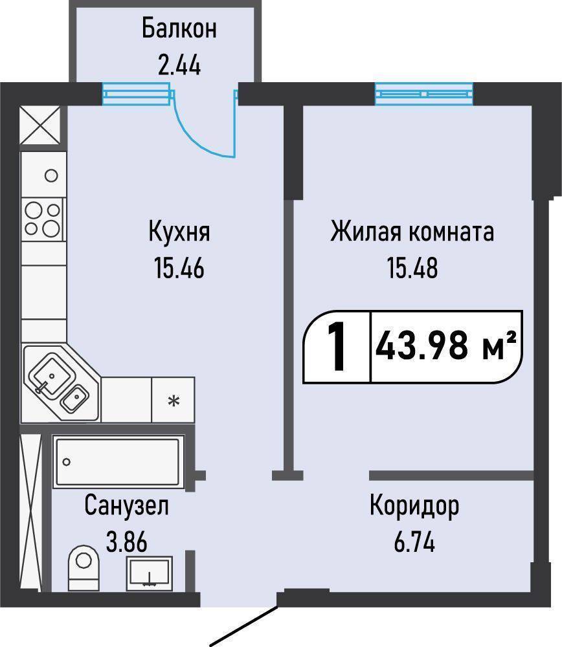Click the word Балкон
[179, 29]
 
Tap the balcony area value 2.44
[179, 65]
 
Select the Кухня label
[179, 232]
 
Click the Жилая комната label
[412, 232]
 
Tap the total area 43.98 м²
[446, 347]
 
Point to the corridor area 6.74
[414, 542]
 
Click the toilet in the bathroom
[84, 567]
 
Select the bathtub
[118, 462]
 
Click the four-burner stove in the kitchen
[42, 219]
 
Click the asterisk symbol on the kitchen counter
[174, 400]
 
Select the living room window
[424, 94]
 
